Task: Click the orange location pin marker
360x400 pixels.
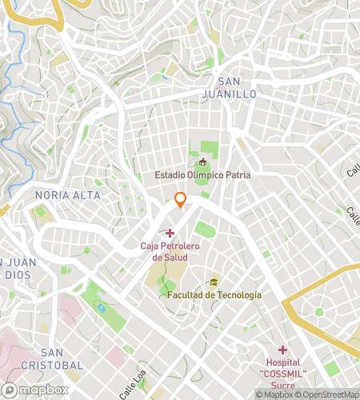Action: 181,200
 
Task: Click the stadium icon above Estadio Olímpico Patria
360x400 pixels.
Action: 202,162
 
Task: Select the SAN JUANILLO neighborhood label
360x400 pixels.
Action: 236,87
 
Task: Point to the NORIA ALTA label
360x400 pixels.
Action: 68,195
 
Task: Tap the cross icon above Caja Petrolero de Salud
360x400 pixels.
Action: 169,232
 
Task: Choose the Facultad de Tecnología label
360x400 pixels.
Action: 214,294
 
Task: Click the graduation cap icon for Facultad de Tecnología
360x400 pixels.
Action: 214,282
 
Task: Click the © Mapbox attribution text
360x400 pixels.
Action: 274,394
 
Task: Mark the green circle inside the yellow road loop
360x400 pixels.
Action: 319,312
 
